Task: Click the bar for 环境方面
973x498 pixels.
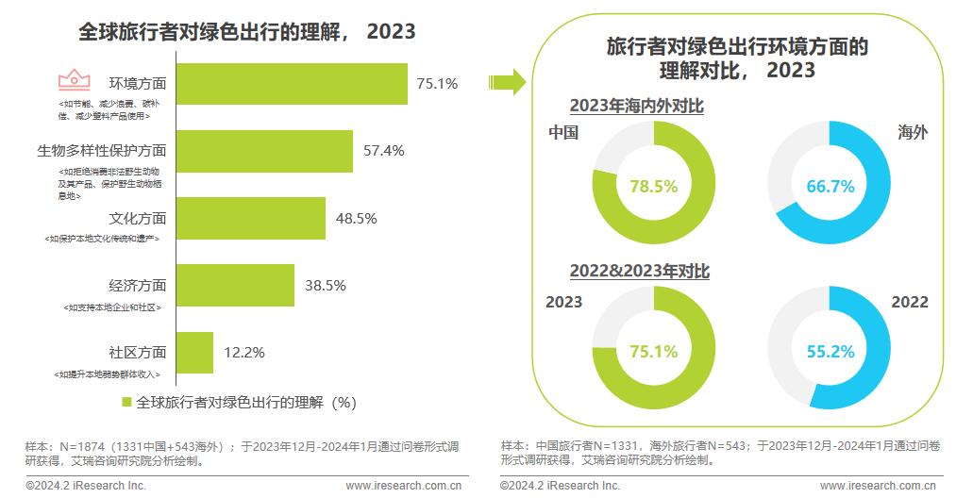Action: pos(292,84)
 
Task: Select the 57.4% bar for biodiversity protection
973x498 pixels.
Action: pos(264,151)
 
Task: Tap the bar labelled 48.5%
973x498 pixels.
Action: pos(250,218)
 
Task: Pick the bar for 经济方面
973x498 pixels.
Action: pos(235,285)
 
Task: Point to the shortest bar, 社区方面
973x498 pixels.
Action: pos(194,352)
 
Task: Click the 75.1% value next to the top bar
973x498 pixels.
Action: pos(437,84)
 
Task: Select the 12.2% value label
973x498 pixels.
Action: pos(243,353)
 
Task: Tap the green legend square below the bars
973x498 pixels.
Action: pos(126,402)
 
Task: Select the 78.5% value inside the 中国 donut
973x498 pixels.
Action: pos(654,187)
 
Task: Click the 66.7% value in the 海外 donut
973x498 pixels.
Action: pos(830,187)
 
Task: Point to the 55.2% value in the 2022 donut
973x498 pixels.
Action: pos(830,352)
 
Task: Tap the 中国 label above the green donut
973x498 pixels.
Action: pos(562,133)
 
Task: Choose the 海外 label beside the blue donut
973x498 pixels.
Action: pos(913,133)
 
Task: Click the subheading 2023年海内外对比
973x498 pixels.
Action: pos(636,107)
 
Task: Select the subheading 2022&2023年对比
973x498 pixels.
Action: pos(639,272)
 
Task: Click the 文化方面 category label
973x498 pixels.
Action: pos(138,219)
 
